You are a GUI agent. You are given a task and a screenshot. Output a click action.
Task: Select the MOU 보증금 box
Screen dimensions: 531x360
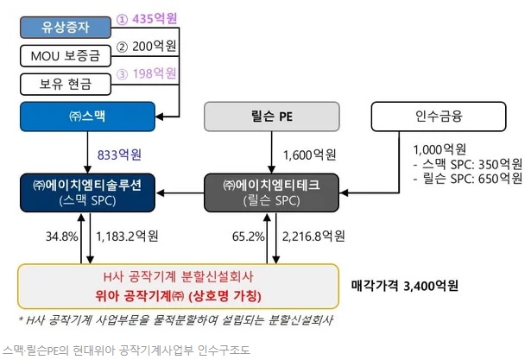[x=66, y=56]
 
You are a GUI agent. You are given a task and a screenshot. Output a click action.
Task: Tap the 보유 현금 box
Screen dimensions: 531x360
[x=66, y=85]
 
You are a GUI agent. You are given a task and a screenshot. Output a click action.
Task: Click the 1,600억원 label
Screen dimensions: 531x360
[x=310, y=155]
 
